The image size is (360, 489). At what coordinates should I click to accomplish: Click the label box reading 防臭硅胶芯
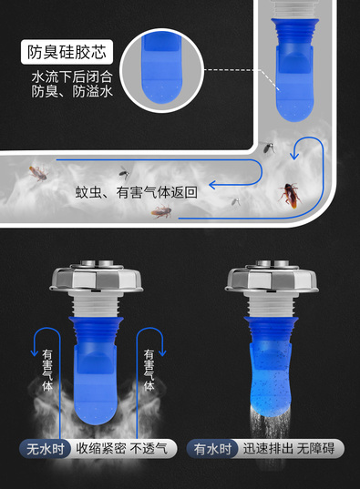[x=67, y=52]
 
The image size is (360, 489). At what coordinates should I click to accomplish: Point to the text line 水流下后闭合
[x=72, y=76]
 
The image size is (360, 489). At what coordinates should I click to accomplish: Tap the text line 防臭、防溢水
[x=72, y=91]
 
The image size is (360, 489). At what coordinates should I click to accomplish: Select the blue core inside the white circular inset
[x=161, y=68]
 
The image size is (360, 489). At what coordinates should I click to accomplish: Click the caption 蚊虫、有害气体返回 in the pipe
[x=136, y=192]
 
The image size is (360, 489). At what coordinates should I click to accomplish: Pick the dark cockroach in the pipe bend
[x=291, y=195]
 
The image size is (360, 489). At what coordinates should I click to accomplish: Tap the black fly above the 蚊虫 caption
[x=124, y=172]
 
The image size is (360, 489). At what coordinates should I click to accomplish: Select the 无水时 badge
[x=46, y=449]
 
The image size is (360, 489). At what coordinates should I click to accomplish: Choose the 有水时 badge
[x=212, y=449]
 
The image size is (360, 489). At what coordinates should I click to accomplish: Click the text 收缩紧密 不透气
[x=122, y=449]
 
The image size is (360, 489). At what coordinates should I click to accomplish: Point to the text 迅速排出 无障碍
[x=289, y=449]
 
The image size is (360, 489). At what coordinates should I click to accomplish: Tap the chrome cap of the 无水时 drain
[x=97, y=277]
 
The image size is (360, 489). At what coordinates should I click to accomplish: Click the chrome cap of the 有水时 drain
[x=272, y=277]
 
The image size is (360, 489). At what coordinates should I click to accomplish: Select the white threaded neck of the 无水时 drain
[x=97, y=305]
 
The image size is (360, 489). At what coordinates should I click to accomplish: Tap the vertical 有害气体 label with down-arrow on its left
[x=47, y=371]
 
